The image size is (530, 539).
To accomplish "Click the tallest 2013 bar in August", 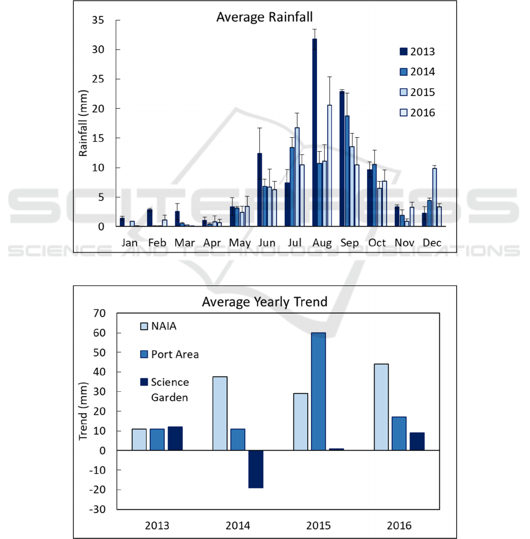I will tap(315, 132).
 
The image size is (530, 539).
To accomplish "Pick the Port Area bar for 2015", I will tap(318, 391).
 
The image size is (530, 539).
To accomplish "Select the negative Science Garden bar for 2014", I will tap(255, 469).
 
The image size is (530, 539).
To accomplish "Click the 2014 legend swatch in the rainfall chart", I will tap(404, 72).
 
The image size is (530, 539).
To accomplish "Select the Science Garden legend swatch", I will tap(144, 382).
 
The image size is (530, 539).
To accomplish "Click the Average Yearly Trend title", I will tap(265, 302).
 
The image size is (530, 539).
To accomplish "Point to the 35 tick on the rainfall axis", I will tap(98, 21).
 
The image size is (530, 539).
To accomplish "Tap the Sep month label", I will tap(349, 242).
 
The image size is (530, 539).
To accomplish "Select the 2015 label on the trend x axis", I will tap(318, 525).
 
